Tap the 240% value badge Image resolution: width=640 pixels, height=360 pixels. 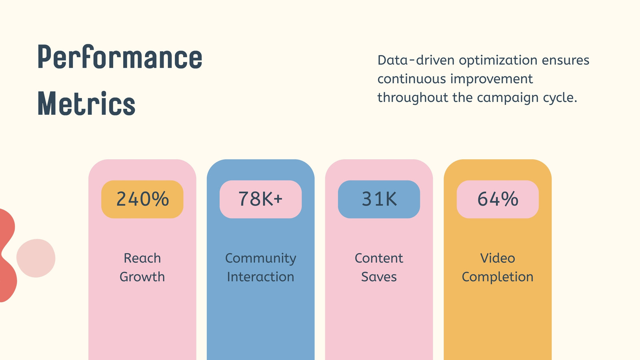tap(142, 199)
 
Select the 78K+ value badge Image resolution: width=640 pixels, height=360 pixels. tap(260, 199)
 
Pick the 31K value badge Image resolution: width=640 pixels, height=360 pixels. tap(379, 199)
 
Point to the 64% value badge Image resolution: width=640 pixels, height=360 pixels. tap(498, 199)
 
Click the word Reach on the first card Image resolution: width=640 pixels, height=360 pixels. tap(142, 258)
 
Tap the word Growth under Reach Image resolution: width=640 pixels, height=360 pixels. tap(142, 276)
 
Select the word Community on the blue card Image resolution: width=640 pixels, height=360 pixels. tap(260, 259)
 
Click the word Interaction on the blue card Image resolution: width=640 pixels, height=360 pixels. tap(260, 276)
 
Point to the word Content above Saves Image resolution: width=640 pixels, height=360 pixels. tap(379, 258)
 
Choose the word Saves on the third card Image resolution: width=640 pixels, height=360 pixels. tap(379, 276)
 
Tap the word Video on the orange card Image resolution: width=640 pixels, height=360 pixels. tap(498, 258)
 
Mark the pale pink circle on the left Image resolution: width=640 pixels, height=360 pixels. tap(36, 258)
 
